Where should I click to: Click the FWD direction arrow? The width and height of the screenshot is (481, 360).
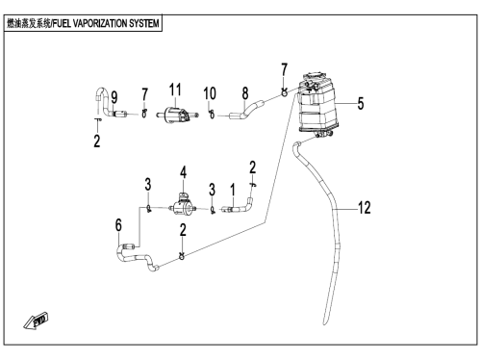click(36, 321)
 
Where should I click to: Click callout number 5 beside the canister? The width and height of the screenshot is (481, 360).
click(361, 103)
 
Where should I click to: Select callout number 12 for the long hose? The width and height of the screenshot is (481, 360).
click(365, 208)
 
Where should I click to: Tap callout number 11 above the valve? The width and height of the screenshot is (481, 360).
click(175, 90)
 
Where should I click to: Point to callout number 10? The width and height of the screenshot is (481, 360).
click(210, 93)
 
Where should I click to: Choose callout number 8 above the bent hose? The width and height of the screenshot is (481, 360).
click(245, 93)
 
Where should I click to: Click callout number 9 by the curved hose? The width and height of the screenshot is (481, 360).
click(114, 97)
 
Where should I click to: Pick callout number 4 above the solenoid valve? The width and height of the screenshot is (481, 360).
click(183, 172)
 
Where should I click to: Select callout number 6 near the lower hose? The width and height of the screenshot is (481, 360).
click(118, 225)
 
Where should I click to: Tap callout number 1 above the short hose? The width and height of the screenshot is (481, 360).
click(233, 190)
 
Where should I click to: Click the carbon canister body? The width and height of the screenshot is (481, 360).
click(317, 105)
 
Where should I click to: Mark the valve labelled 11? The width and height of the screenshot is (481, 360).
click(177, 115)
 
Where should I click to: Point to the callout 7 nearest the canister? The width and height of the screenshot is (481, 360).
click(284, 69)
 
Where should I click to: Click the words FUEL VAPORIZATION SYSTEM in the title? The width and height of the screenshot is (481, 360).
click(106, 23)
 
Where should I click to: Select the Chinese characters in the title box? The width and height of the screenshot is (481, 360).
click(29, 23)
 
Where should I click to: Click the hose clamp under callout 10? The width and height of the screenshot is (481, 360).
click(212, 115)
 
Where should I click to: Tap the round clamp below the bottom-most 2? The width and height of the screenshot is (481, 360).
click(182, 256)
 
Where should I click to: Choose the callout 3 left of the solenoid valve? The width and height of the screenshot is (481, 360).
click(147, 184)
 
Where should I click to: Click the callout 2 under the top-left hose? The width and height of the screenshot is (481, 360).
click(97, 141)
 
